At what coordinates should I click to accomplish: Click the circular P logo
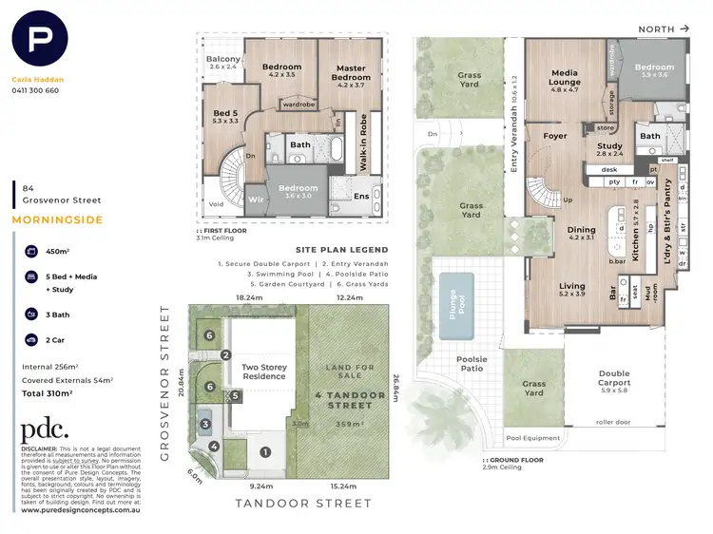[x=39, y=41]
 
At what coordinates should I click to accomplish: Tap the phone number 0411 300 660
[x=35, y=91]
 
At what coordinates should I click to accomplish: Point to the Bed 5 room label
[x=226, y=116]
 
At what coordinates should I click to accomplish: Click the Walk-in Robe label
[x=363, y=142]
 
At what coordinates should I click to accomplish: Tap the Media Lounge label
[x=565, y=77]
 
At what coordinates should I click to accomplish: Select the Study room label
[x=609, y=148]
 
